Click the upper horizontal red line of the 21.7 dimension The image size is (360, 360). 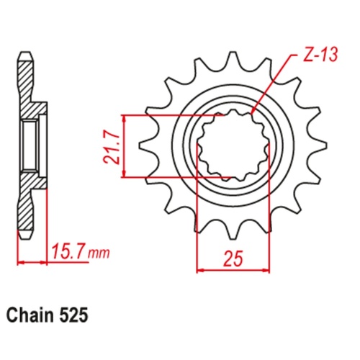(173, 114)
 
